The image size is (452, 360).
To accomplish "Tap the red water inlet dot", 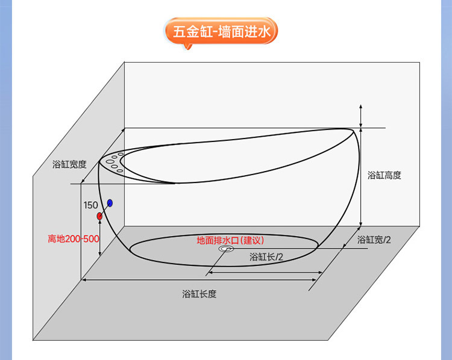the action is click(x=99, y=216).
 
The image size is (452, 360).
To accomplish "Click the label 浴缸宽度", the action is click(x=70, y=164).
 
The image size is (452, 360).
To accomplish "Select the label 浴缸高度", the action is click(x=384, y=175).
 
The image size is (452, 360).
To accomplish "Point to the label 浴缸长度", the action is click(x=199, y=294).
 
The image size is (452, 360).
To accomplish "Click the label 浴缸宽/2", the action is click(x=374, y=240).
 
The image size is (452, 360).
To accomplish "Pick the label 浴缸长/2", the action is click(x=267, y=257).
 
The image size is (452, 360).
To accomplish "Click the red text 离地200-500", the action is click(x=74, y=238).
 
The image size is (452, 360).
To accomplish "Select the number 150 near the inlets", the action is click(x=91, y=205).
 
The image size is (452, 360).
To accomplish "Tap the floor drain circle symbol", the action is click(x=227, y=249).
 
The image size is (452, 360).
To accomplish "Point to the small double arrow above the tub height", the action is click(x=360, y=115).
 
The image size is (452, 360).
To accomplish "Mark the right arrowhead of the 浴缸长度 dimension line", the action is click(x=317, y=279).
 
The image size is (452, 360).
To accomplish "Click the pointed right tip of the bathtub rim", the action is click(x=351, y=129).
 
